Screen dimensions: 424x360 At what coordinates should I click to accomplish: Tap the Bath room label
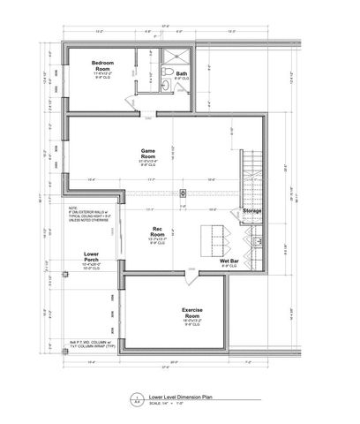tap(182, 73)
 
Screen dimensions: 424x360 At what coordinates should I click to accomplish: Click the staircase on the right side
tap(252, 172)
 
